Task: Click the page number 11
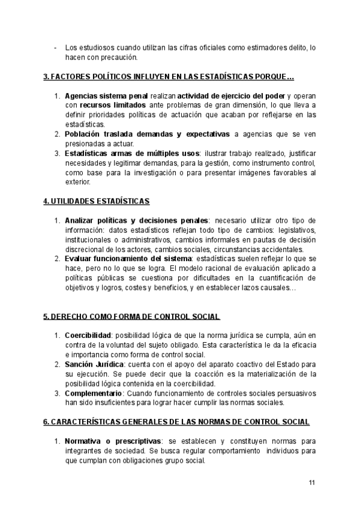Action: [x=312, y=483]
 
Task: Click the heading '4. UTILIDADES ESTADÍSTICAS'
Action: [x=97, y=200]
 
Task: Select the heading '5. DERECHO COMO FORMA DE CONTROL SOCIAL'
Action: [x=131, y=316]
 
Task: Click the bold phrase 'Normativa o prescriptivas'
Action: [x=113, y=442]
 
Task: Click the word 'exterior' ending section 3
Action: [x=76, y=182]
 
